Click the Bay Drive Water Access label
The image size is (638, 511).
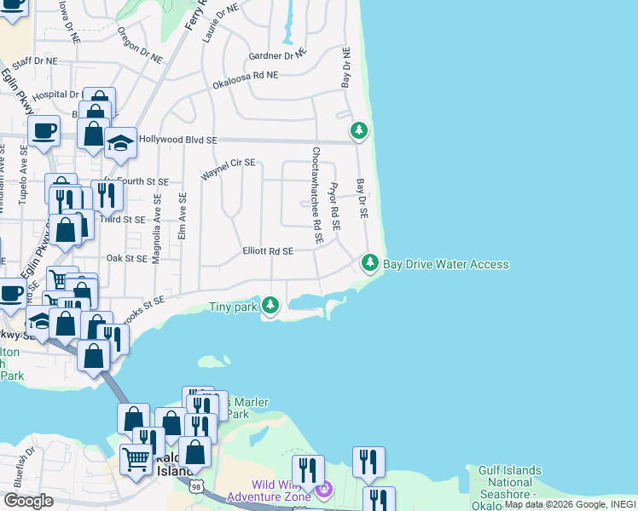(445, 264)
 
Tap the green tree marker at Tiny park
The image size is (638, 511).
(270, 305)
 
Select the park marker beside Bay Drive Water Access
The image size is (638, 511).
(369, 263)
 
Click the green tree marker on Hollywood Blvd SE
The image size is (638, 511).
(359, 131)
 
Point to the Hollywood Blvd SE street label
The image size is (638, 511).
(178, 140)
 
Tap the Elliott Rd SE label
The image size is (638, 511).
(268, 251)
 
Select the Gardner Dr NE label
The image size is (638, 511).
(276, 56)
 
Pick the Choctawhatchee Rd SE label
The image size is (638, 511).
(316, 196)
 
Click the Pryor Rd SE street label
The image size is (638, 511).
(334, 207)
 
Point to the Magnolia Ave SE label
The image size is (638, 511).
(157, 228)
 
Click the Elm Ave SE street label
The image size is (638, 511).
(183, 215)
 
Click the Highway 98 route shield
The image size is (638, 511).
(197, 485)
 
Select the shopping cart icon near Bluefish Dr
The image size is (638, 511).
(136, 461)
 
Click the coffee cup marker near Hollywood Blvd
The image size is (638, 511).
(43, 131)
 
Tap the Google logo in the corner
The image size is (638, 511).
(27, 501)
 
